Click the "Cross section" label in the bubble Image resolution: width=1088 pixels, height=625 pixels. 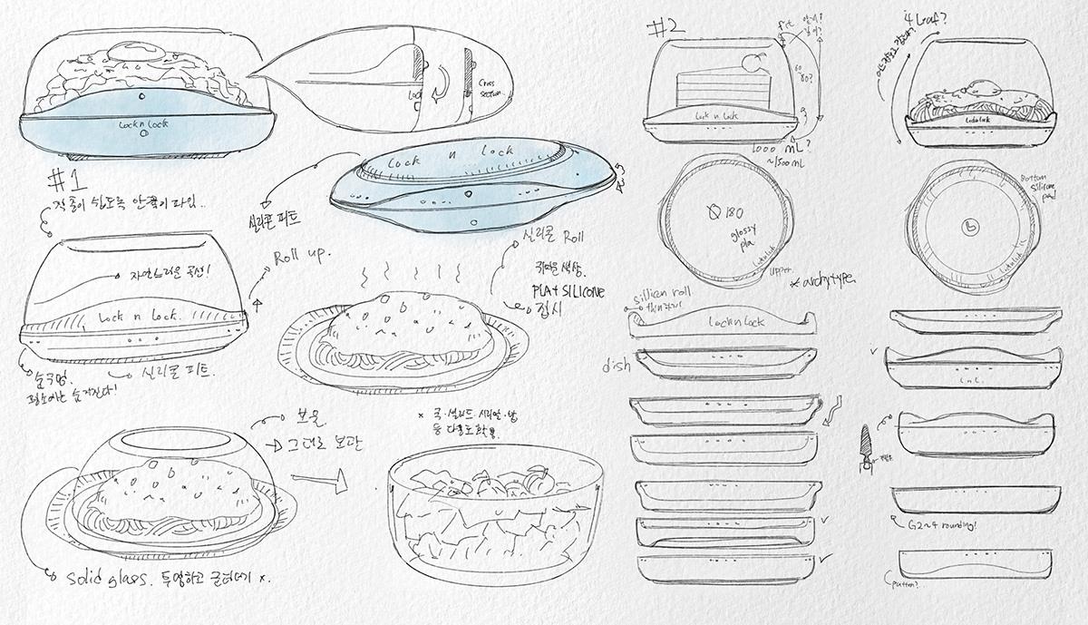point(489,88)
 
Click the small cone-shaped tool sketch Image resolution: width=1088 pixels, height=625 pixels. point(864,445)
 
